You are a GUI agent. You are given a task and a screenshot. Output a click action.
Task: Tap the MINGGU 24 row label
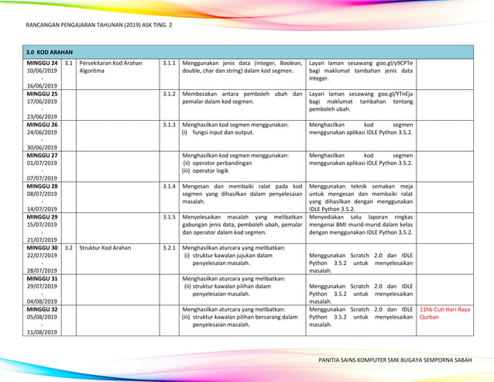pyautogui.click(x=42, y=62)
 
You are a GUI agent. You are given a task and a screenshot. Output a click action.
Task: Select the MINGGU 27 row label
pyautogui.click(x=42, y=155)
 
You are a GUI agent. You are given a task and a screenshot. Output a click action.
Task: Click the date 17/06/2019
pyautogui.click(x=42, y=101)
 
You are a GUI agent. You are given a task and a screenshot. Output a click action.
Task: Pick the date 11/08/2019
pyautogui.click(x=42, y=332)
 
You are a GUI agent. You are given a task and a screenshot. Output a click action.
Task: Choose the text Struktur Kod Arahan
pyautogui.click(x=105, y=248)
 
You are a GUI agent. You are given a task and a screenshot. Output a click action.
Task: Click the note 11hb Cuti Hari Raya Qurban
pyautogui.click(x=444, y=313)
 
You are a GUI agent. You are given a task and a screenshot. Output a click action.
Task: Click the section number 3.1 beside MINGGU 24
pyautogui.click(x=69, y=62)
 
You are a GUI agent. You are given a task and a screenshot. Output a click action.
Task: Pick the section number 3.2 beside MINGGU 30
pyautogui.click(x=69, y=248)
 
